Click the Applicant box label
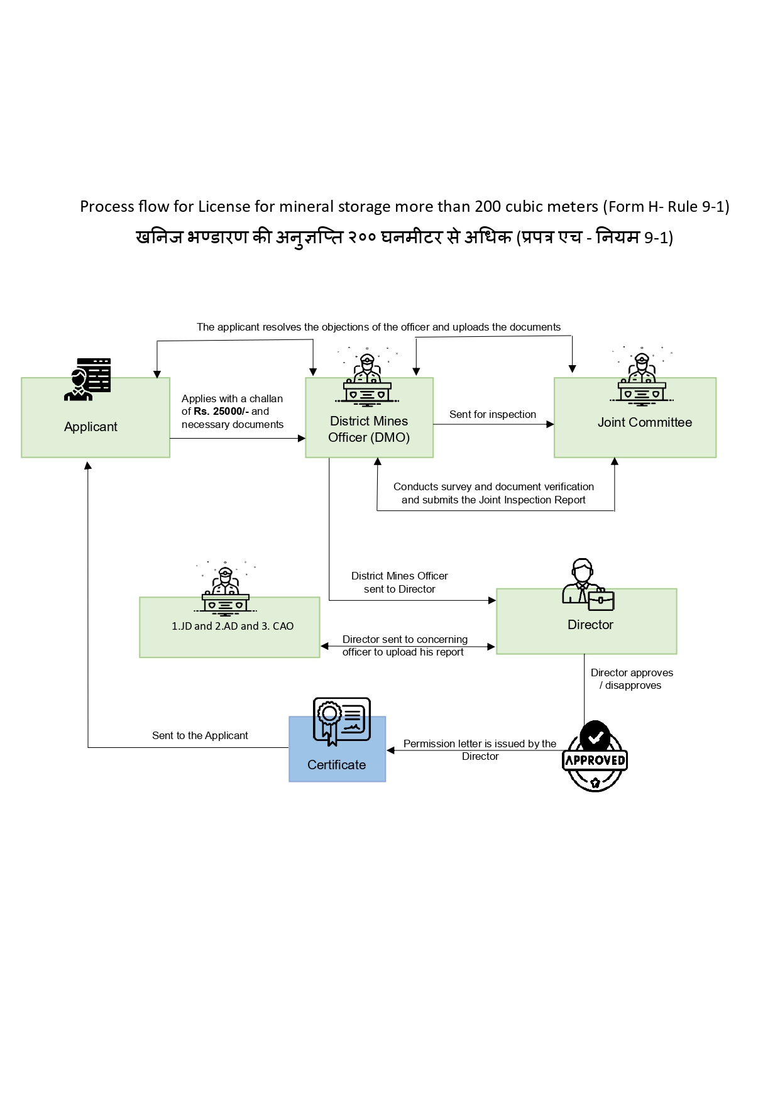(91, 427)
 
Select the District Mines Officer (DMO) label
(369, 429)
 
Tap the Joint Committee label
(644, 422)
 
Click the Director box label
(590, 625)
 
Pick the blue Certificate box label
(336, 765)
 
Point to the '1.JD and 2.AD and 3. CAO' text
(233, 626)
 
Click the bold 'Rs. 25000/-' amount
(221, 412)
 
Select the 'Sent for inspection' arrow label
(492, 414)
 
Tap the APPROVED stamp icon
(595, 757)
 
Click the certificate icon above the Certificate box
(341, 721)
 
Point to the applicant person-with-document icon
(87, 380)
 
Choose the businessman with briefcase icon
(588, 584)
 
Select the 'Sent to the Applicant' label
(200, 735)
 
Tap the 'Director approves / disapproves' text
(632, 679)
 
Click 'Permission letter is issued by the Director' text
(480, 750)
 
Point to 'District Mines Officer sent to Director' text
(399, 583)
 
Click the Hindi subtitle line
(404, 238)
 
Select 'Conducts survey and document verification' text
(493, 486)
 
